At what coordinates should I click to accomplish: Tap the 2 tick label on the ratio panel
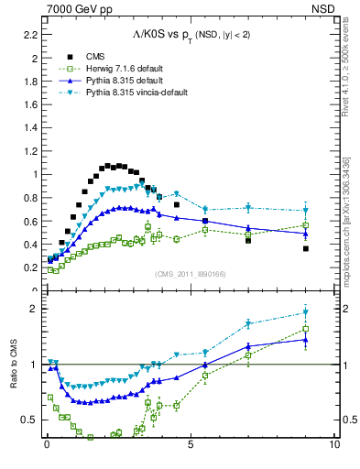pos(35,309)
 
